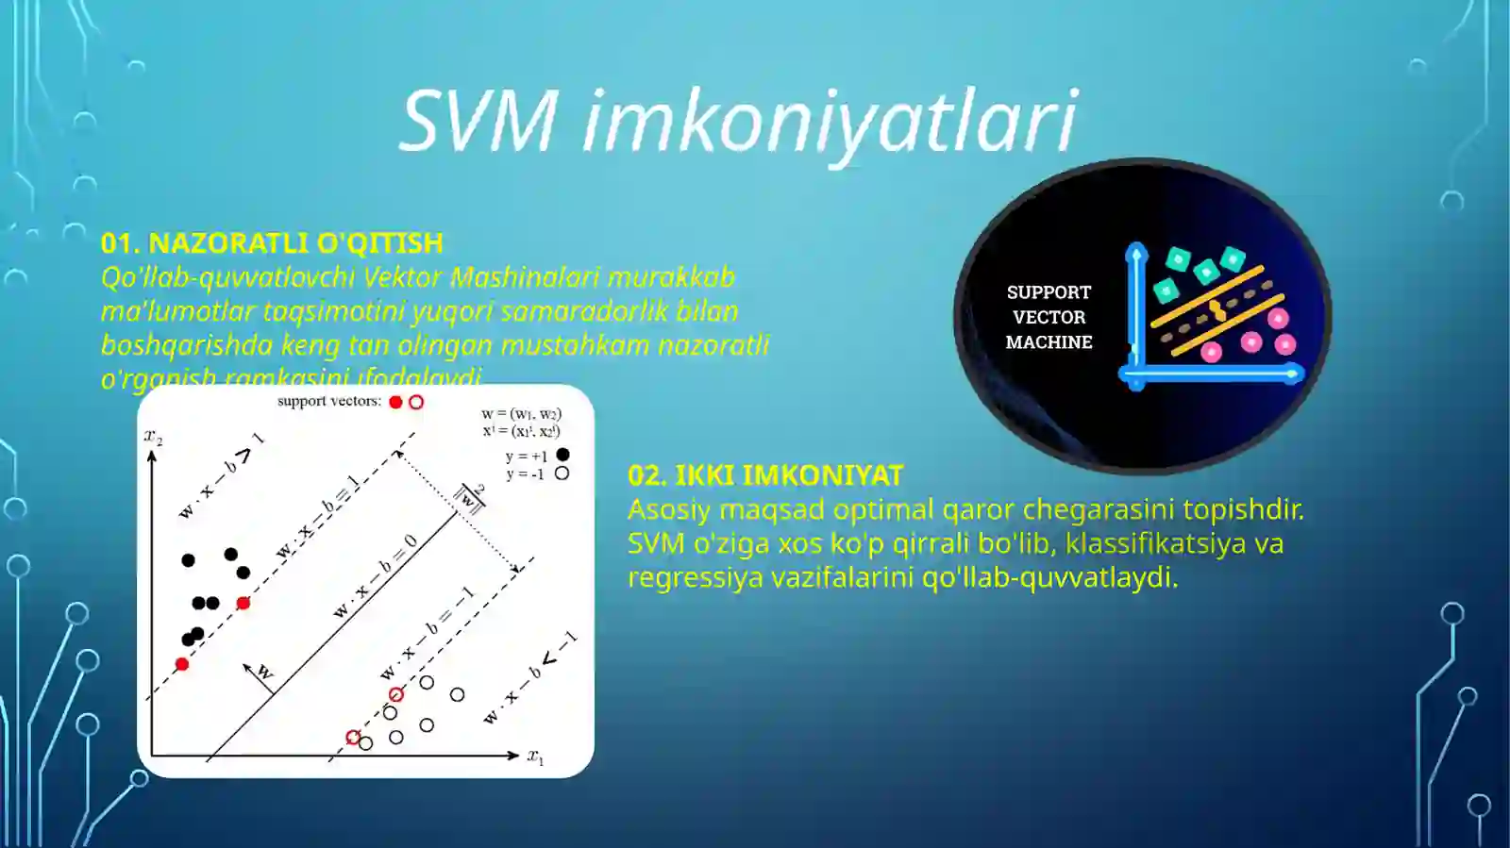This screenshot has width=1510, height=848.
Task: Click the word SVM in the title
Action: (x=478, y=120)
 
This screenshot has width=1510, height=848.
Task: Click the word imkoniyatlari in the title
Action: (x=830, y=122)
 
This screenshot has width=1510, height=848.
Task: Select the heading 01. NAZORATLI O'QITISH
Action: (x=272, y=243)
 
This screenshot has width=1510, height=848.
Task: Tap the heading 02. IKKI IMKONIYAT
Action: (x=765, y=475)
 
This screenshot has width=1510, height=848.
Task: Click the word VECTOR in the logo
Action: (x=1049, y=317)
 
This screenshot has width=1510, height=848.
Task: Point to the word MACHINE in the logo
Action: (x=1049, y=342)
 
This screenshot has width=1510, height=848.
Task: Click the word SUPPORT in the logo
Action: (x=1049, y=292)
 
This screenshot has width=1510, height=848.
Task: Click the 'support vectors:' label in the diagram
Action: (x=328, y=402)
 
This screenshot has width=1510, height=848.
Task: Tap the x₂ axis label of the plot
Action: (x=153, y=436)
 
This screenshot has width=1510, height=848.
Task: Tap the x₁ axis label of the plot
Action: (x=536, y=757)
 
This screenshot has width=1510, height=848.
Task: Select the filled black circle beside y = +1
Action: (x=562, y=455)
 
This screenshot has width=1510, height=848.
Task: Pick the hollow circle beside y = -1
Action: (x=562, y=474)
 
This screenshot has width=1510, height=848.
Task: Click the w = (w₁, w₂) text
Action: (x=521, y=414)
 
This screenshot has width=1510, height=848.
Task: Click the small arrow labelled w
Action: (x=260, y=673)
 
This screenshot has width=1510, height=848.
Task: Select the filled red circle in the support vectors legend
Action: (x=395, y=402)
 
